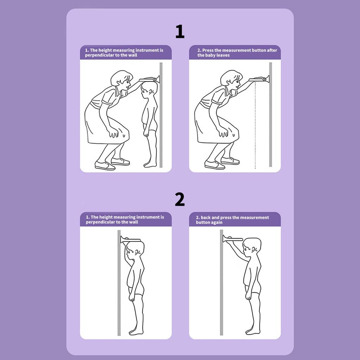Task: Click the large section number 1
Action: click(x=180, y=31)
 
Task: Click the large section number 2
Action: click(x=180, y=199)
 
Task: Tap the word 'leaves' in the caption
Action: click(x=223, y=55)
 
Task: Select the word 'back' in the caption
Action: click(x=205, y=217)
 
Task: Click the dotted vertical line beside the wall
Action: click(x=255, y=126)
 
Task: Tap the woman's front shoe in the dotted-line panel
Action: click(x=214, y=165)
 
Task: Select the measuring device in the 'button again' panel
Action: click(x=232, y=239)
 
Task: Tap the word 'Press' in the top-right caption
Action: click(x=208, y=50)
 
